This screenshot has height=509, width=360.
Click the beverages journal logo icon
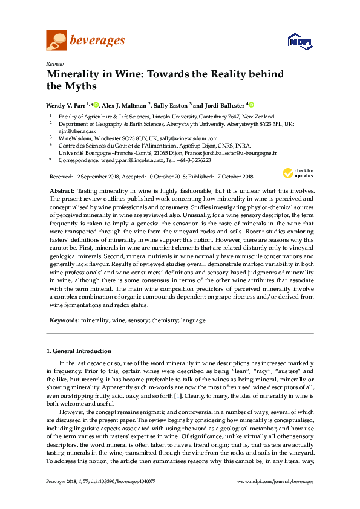[x=56, y=41]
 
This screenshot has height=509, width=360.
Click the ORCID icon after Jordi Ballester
[x=251, y=104]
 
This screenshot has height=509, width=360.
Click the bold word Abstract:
[x=62, y=190]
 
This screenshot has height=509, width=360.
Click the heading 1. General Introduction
[x=79, y=351]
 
